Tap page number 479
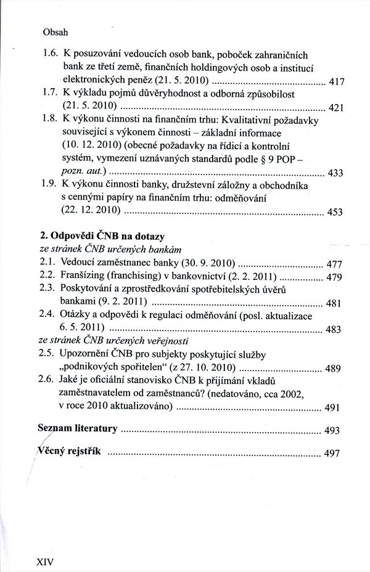tap(333, 277)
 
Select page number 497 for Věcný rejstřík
tap(332, 454)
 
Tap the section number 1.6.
tap(51, 54)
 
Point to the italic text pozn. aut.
tap(84, 171)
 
